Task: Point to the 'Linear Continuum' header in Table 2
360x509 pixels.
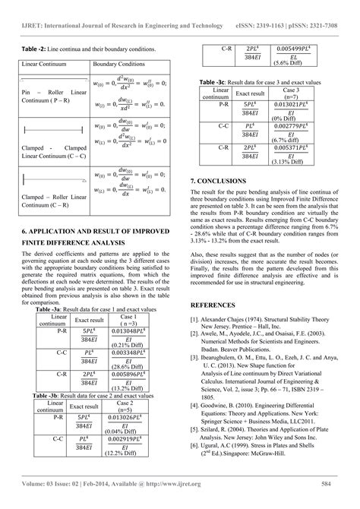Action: click(49, 65)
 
